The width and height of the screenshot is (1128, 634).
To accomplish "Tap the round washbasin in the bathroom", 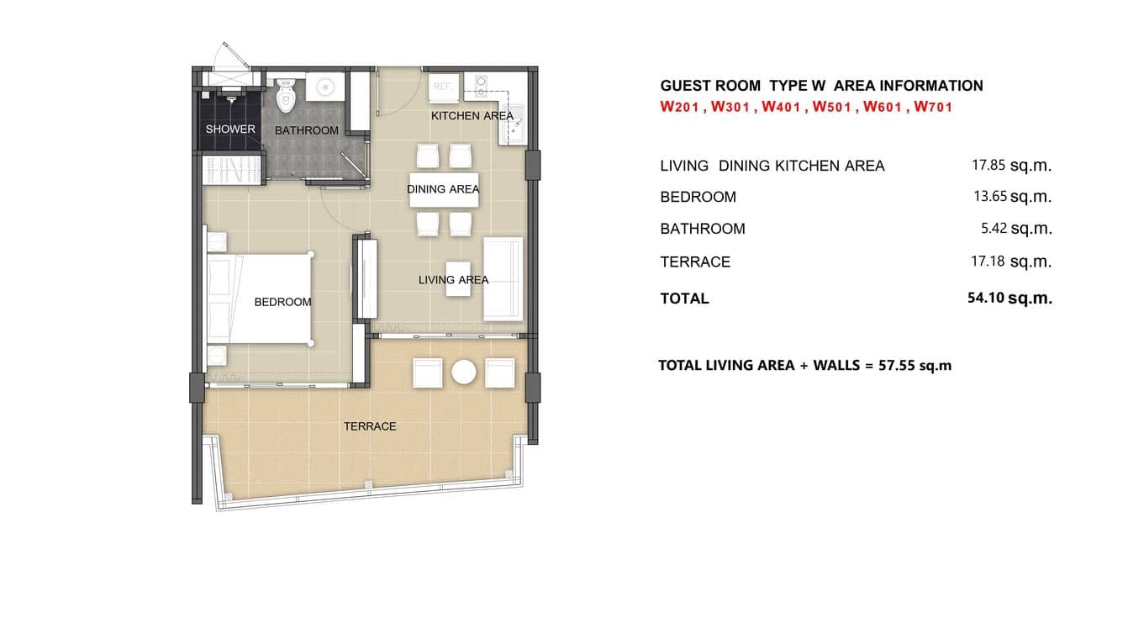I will (x=324, y=87).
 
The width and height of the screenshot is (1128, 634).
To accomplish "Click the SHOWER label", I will (x=230, y=129).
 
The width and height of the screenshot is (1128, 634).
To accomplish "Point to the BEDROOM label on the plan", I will (x=282, y=302).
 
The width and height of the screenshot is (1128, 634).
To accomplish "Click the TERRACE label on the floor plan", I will (x=370, y=426).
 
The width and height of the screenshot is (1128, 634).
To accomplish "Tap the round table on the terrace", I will (x=464, y=372).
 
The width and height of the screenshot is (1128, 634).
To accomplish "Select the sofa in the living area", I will (x=503, y=278).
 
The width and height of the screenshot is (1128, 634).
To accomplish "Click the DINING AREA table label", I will (x=443, y=189).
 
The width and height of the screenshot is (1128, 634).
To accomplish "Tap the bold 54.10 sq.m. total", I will (x=1009, y=298).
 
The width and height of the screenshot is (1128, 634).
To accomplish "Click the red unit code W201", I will (x=680, y=108).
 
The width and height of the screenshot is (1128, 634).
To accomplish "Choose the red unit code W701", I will (x=933, y=108).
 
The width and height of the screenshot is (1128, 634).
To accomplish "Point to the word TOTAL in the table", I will (x=684, y=299).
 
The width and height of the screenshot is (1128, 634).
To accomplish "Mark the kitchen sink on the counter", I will (x=512, y=121).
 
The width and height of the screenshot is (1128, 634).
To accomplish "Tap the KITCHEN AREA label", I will (x=472, y=116).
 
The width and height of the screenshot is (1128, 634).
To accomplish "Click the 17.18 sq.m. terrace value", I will (x=1011, y=262).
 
